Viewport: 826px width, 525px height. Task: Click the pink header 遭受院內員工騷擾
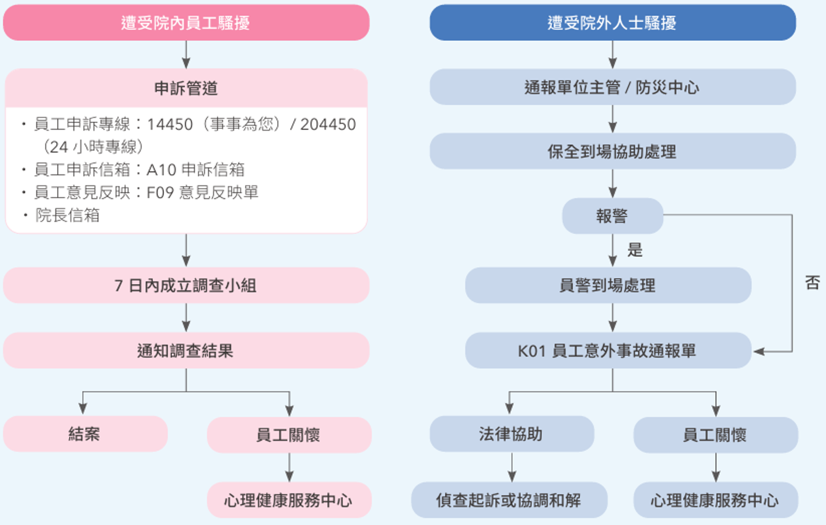click(x=186, y=23)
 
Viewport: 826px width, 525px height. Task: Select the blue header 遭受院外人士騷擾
click(x=612, y=23)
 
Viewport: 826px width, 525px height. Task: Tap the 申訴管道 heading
click(x=186, y=89)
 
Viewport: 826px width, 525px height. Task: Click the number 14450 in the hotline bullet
click(x=170, y=124)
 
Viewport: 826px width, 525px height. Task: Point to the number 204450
click(x=328, y=124)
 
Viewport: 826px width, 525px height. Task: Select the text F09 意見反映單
click(x=202, y=192)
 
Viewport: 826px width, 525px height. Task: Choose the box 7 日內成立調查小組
click(x=186, y=285)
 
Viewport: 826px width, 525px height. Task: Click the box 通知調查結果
click(x=186, y=350)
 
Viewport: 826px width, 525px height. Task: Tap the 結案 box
click(x=85, y=434)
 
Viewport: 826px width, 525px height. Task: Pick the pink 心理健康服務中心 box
click(x=289, y=500)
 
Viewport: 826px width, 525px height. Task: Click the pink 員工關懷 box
click(x=289, y=435)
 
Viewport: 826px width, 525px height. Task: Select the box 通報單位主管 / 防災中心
click(x=612, y=87)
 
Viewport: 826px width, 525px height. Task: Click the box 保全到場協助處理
click(x=612, y=151)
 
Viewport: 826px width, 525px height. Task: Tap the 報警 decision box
click(x=612, y=216)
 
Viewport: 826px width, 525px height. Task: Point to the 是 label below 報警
click(x=635, y=250)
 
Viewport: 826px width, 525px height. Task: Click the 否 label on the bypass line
click(x=813, y=283)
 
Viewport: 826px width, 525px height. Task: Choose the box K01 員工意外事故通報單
click(x=608, y=350)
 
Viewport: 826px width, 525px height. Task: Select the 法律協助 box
click(x=512, y=434)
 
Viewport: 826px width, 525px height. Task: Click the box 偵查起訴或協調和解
click(x=509, y=500)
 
